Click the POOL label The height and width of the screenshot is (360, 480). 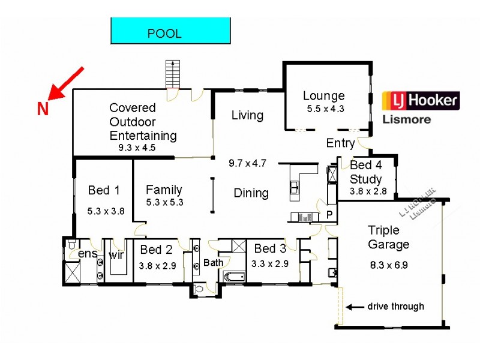pyautogui.click(x=164, y=34)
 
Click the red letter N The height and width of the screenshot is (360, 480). pyautogui.click(x=43, y=109)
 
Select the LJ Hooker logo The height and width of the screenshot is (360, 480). pyautogui.click(x=421, y=100)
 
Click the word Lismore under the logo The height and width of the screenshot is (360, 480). pyautogui.click(x=406, y=119)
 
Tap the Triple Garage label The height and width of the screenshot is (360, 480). pyautogui.click(x=388, y=237)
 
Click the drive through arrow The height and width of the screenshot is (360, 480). pyautogui.click(x=356, y=307)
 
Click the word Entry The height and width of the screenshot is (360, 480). pyautogui.click(x=340, y=143)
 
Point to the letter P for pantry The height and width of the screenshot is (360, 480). pyautogui.click(x=329, y=215)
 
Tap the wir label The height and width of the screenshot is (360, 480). pyautogui.click(x=116, y=254)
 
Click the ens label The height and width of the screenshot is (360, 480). pyautogui.click(x=88, y=254)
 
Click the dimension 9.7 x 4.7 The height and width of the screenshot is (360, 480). pyautogui.click(x=247, y=163)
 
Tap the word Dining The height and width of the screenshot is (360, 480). pyautogui.click(x=251, y=193)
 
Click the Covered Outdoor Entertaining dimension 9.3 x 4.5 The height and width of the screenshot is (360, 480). pyautogui.click(x=137, y=147)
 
